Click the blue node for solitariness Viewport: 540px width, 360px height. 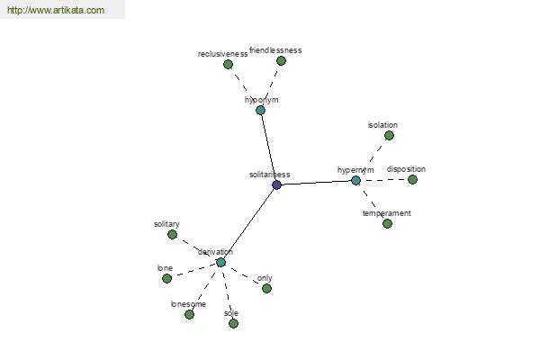tap(277, 185)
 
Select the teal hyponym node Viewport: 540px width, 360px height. tap(261, 110)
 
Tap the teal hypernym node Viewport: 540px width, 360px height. tap(355, 180)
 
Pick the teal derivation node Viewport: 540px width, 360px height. tap(220, 263)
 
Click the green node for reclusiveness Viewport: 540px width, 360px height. tap(228, 65)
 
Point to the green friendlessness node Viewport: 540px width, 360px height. tap(281, 61)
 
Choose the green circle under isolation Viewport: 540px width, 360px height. tap(389, 136)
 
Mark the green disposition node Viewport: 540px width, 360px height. tap(412, 179)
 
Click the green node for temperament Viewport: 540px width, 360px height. tap(387, 223)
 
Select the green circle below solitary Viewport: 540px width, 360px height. tap(172, 235)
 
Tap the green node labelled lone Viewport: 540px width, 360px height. tap(166, 278)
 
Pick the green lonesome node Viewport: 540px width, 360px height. tap(189, 314)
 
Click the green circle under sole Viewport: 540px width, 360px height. tap(233, 323)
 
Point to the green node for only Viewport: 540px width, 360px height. tap(266, 288)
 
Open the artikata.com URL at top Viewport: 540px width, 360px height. tap(56, 10)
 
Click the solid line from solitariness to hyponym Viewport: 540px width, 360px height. tap(268, 148)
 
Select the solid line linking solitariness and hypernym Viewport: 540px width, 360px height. tap(316, 183)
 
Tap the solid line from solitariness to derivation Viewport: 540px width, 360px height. tap(248, 224)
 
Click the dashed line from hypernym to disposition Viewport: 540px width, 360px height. tap(384, 180)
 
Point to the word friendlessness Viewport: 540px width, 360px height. tap(275, 50)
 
